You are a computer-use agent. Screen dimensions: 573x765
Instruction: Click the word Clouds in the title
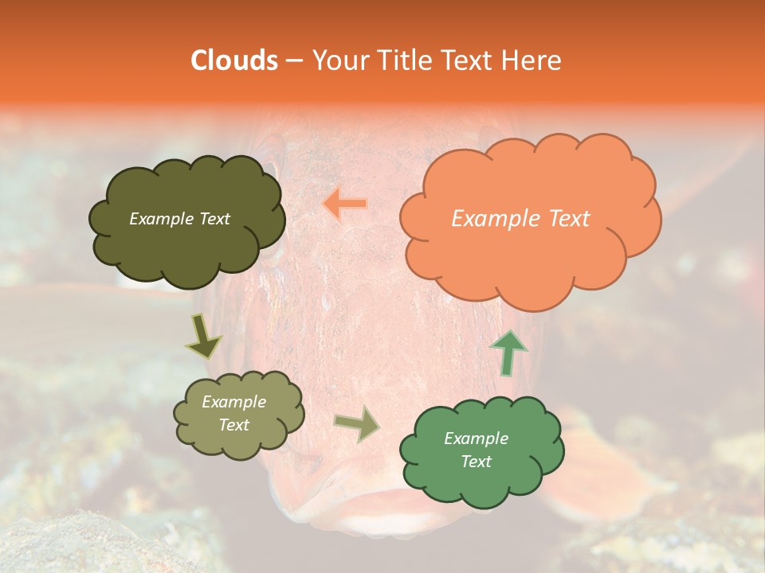click(234, 60)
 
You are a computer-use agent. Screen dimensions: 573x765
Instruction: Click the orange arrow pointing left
click(345, 204)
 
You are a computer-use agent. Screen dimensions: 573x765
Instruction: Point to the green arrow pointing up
click(508, 353)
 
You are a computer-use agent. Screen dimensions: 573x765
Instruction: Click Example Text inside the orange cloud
click(520, 219)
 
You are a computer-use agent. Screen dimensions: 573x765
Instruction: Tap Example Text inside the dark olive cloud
click(179, 219)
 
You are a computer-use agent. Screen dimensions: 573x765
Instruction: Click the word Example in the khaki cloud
click(233, 402)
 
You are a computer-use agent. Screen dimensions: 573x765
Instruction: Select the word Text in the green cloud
click(476, 462)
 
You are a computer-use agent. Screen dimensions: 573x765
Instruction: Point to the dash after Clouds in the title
click(293, 61)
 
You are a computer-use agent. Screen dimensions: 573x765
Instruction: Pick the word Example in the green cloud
click(476, 439)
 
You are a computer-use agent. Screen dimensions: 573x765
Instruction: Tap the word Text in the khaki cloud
click(233, 425)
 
